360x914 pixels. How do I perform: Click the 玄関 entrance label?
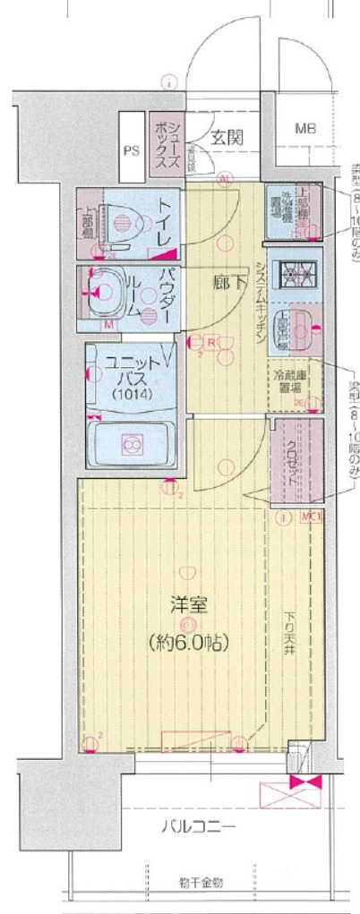(x=227, y=138)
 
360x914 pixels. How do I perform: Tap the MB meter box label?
(x=305, y=129)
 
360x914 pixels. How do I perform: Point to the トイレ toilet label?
(x=165, y=223)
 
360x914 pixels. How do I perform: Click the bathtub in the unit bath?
(x=131, y=444)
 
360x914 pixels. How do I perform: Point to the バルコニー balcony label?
(x=199, y=825)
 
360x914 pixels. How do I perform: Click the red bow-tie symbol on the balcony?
(x=305, y=782)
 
